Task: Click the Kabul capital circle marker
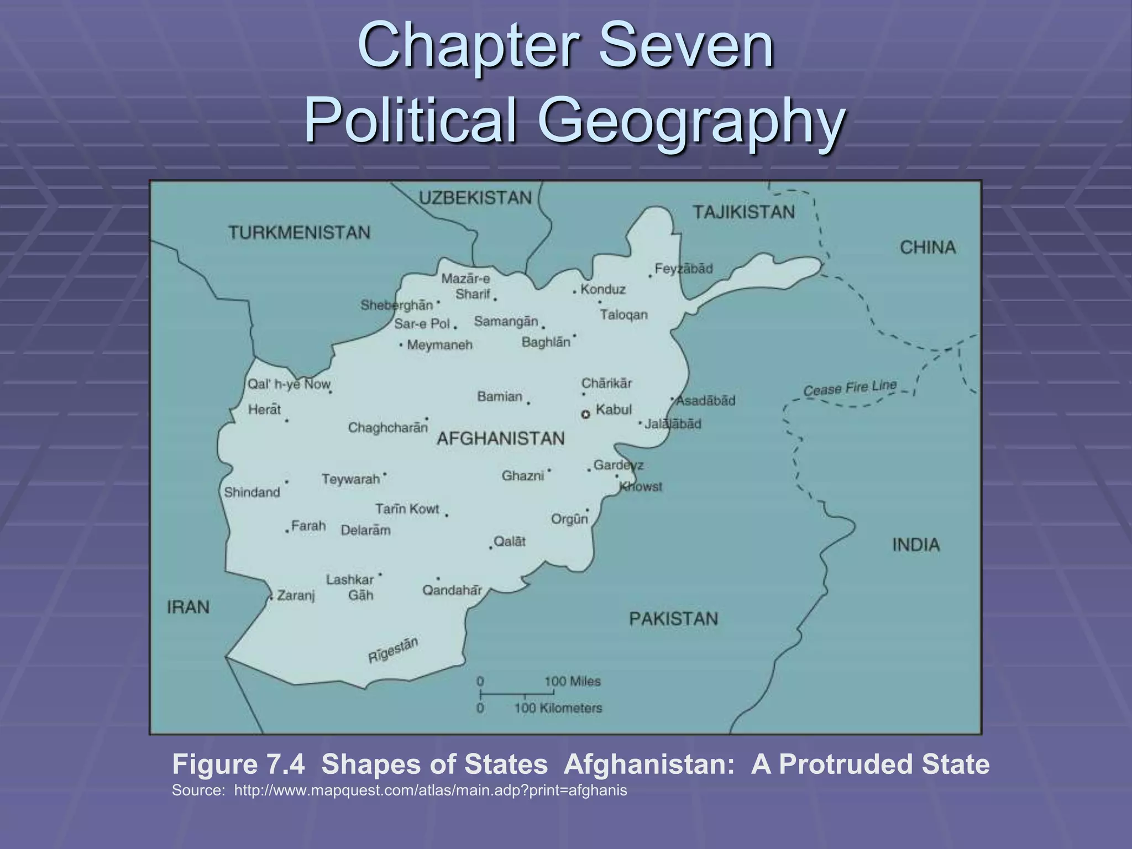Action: pyautogui.click(x=586, y=415)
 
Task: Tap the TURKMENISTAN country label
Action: pyautogui.click(x=299, y=233)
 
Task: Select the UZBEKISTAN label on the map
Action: pyautogui.click(x=475, y=198)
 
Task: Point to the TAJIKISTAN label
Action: pyautogui.click(x=743, y=212)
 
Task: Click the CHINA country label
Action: pyautogui.click(x=927, y=248)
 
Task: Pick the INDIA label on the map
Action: pyautogui.click(x=916, y=545)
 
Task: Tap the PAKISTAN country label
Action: pyautogui.click(x=673, y=619)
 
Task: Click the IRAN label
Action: pyautogui.click(x=188, y=607)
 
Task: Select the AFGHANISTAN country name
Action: pyautogui.click(x=501, y=439)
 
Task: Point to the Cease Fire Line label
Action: pyautogui.click(x=850, y=388)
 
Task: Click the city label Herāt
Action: pyautogui.click(x=264, y=410)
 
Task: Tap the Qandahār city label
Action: pyautogui.click(x=452, y=590)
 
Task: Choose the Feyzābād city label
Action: pyautogui.click(x=684, y=269)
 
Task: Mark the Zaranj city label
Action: pyautogui.click(x=296, y=595)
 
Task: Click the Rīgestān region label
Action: pyautogui.click(x=393, y=650)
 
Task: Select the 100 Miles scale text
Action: pyautogui.click(x=572, y=682)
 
